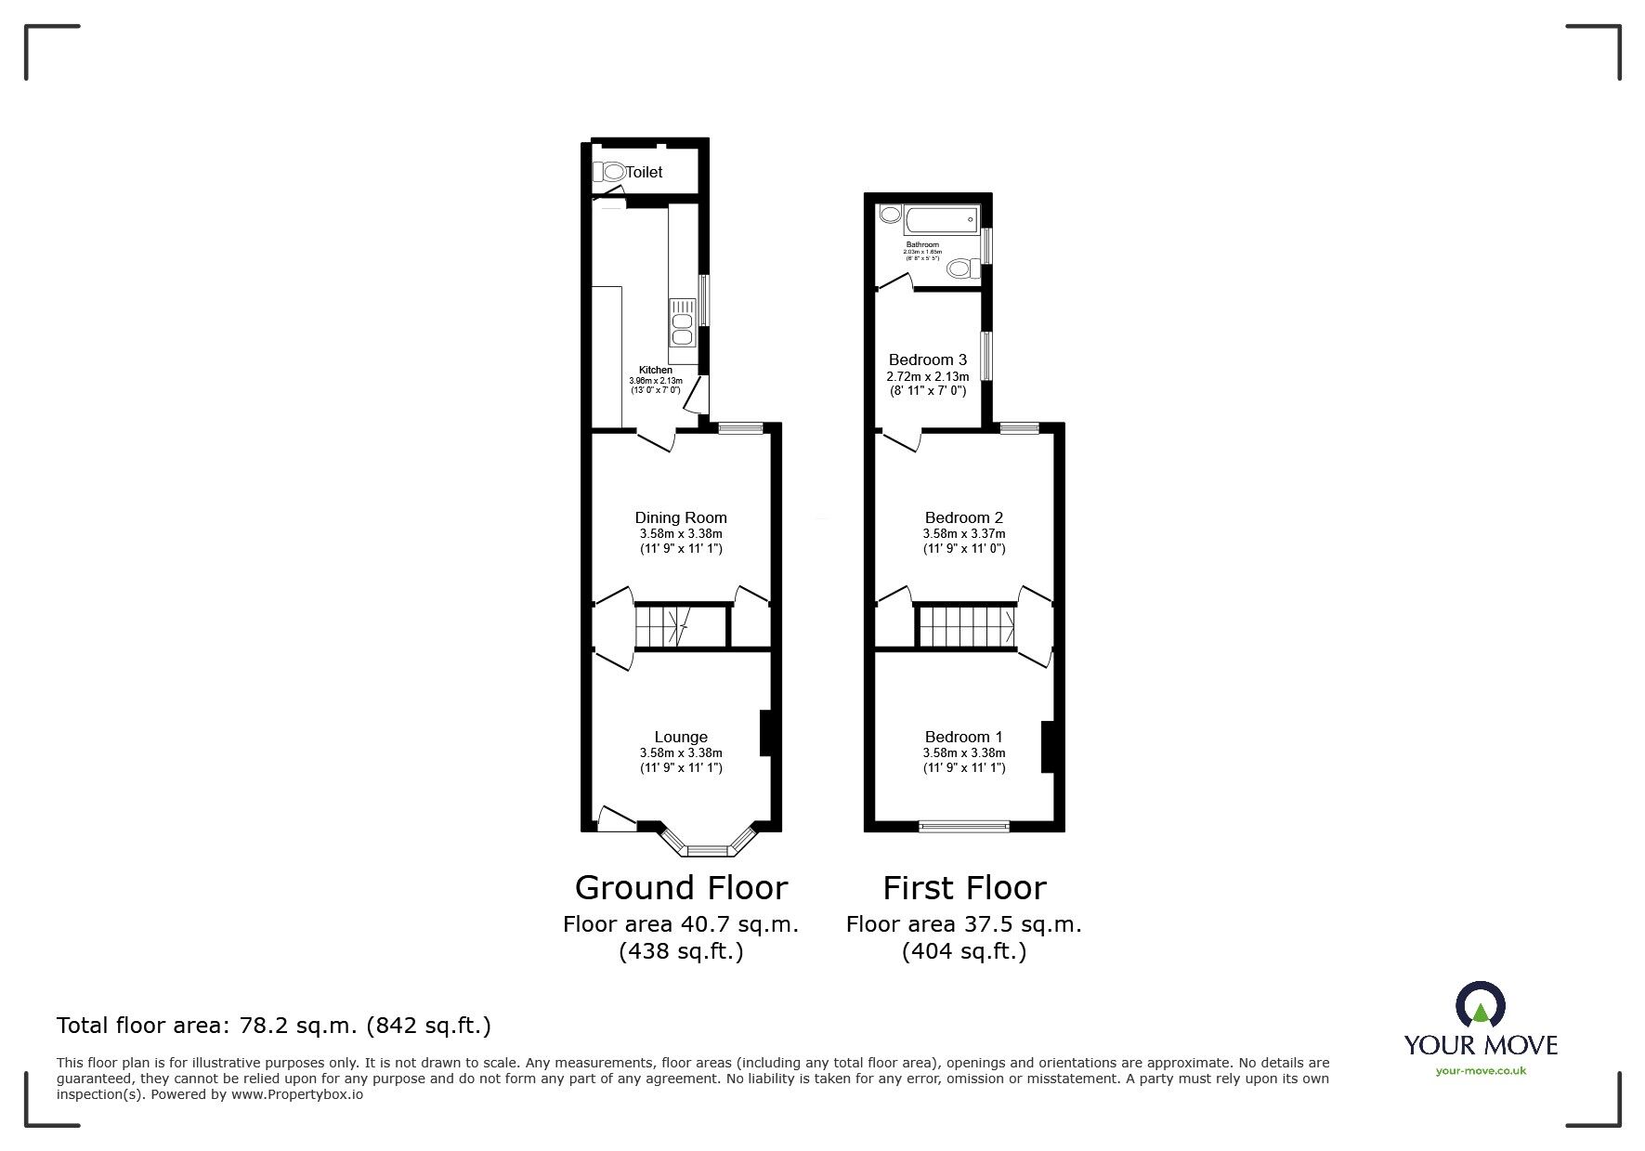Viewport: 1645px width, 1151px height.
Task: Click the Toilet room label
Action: pos(644,172)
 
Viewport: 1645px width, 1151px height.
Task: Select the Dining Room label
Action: pos(681,517)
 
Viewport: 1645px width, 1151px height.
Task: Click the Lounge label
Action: pos(681,737)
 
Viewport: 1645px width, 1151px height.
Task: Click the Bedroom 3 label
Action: pos(928,360)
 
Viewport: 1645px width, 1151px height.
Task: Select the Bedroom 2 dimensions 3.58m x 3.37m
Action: pos(964,534)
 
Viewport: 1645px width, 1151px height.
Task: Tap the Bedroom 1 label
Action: pos(964,737)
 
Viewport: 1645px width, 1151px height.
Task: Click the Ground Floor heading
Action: pos(681,888)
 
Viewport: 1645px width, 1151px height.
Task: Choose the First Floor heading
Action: pos(964,888)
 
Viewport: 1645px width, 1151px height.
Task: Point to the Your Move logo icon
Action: pos(1480,1006)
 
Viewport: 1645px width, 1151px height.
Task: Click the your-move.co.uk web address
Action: pos(1481,1071)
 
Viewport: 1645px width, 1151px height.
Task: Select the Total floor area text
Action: pos(274,1026)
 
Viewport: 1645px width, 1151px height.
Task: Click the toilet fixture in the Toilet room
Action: pos(609,172)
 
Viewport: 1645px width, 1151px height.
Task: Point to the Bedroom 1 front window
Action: pos(963,825)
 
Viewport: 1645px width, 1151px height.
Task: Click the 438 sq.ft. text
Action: pos(681,952)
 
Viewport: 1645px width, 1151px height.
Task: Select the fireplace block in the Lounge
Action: pos(766,733)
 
